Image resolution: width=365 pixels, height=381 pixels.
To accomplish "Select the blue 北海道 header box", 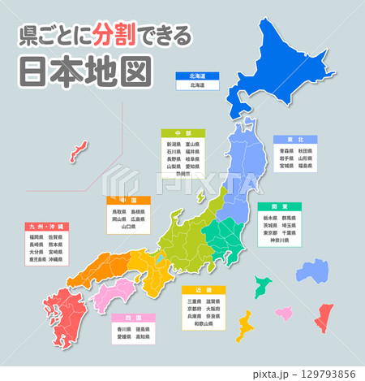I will tap(197, 75).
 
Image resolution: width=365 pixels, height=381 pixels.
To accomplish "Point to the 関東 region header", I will tap(280, 206).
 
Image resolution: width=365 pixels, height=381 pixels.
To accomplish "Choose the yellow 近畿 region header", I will tap(203, 288).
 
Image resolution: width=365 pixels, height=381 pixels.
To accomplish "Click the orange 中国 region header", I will tap(128, 200).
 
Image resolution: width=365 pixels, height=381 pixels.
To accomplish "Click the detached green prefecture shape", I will tap(262, 286).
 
